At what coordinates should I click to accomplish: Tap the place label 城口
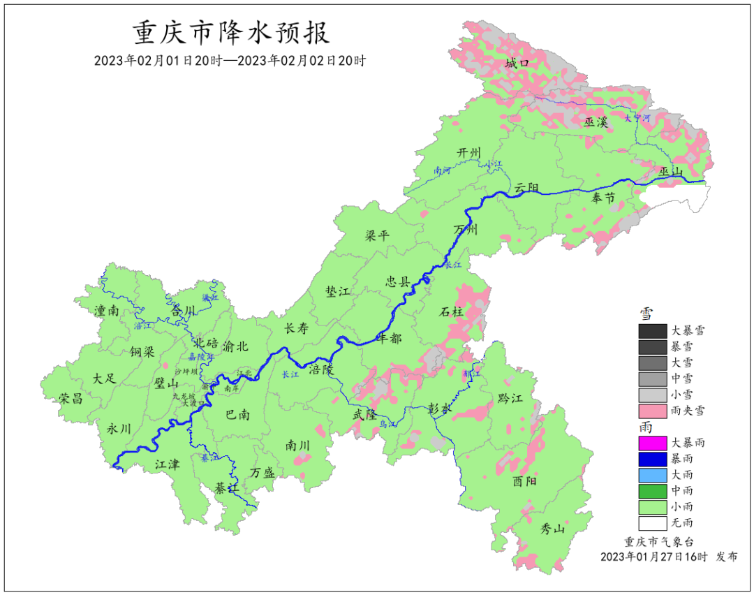click(x=517, y=64)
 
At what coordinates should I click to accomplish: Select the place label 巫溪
click(x=596, y=122)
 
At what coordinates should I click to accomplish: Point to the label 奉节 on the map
click(x=603, y=198)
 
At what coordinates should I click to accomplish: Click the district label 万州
click(x=466, y=230)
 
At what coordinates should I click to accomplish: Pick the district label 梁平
click(x=377, y=235)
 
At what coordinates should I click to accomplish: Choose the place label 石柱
click(x=452, y=312)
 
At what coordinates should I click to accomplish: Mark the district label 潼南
click(x=106, y=311)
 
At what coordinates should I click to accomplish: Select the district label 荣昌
click(x=71, y=398)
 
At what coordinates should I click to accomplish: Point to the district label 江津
click(x=167, y=464)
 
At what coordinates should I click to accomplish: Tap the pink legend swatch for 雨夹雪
click(x=652, y=411)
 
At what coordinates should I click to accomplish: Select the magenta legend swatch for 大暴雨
click(x=652, y=443)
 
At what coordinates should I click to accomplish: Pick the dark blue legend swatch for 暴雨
click(x=652, y=459)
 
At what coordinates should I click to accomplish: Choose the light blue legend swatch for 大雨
click(x=652, y=475)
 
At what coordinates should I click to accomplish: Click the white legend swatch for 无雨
click(x=652, y=522)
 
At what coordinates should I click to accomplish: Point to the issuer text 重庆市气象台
click(x=659, y=541)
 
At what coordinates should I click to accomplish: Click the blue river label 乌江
click(x=387, y=424)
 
